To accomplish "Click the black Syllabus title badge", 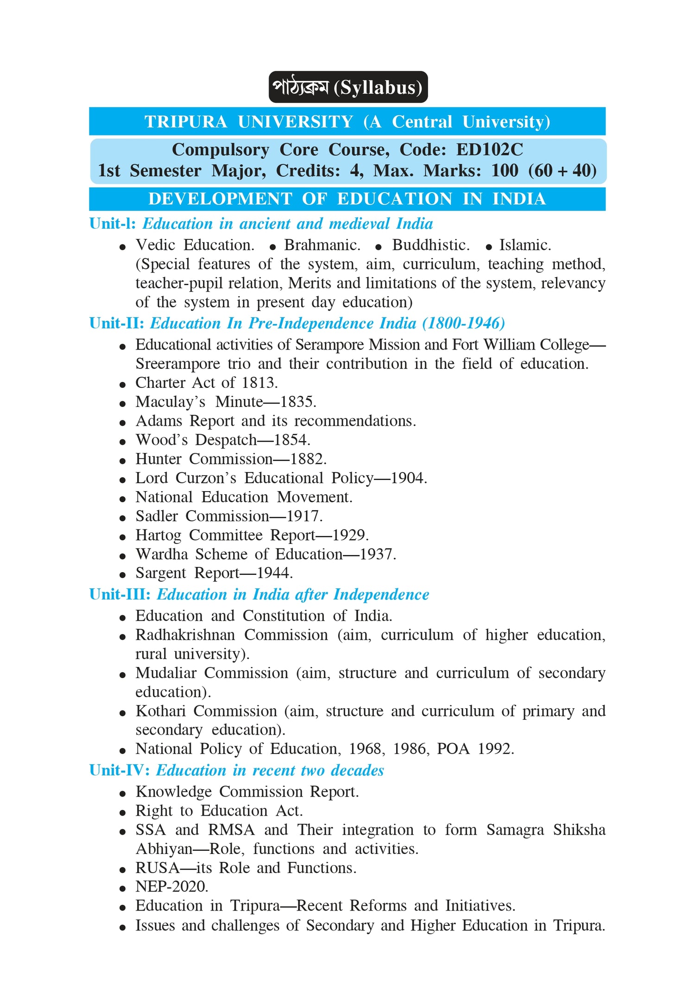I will pos(348,87).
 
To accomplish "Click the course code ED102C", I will pos(489,150).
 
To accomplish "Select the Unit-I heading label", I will pos(113,224).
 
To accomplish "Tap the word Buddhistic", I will pos(431,245).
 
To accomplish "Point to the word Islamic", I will pos(525,245).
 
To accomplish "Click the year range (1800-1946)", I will pos(463,323).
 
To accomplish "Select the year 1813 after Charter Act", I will pos(259,383).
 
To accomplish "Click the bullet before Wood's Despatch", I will pos(122,442).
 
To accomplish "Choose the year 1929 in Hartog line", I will pos(350,535).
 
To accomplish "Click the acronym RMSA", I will pos(231,829).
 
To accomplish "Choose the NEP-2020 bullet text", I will pos(172,886).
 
